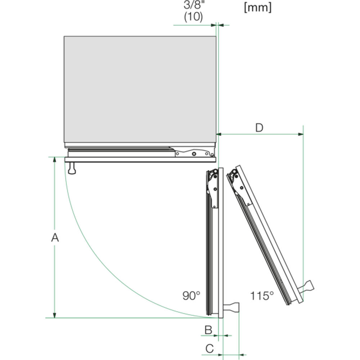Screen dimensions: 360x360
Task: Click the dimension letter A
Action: click(x=55, y=237)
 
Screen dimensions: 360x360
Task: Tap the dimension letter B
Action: click(x=208, y=330)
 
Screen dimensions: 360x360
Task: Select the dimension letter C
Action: click(x=210, y=348)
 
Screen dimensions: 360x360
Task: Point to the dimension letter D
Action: click(x=259, y=128)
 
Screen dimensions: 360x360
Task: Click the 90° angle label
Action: click(x=191, y=296)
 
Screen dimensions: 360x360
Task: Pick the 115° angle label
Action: click(x=262, y=296)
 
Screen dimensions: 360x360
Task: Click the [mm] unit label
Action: click(x=258, y=7)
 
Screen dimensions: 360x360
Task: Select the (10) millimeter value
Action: click(x=193, y=17)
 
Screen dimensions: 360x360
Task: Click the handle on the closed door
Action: click(x=72, y=168)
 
